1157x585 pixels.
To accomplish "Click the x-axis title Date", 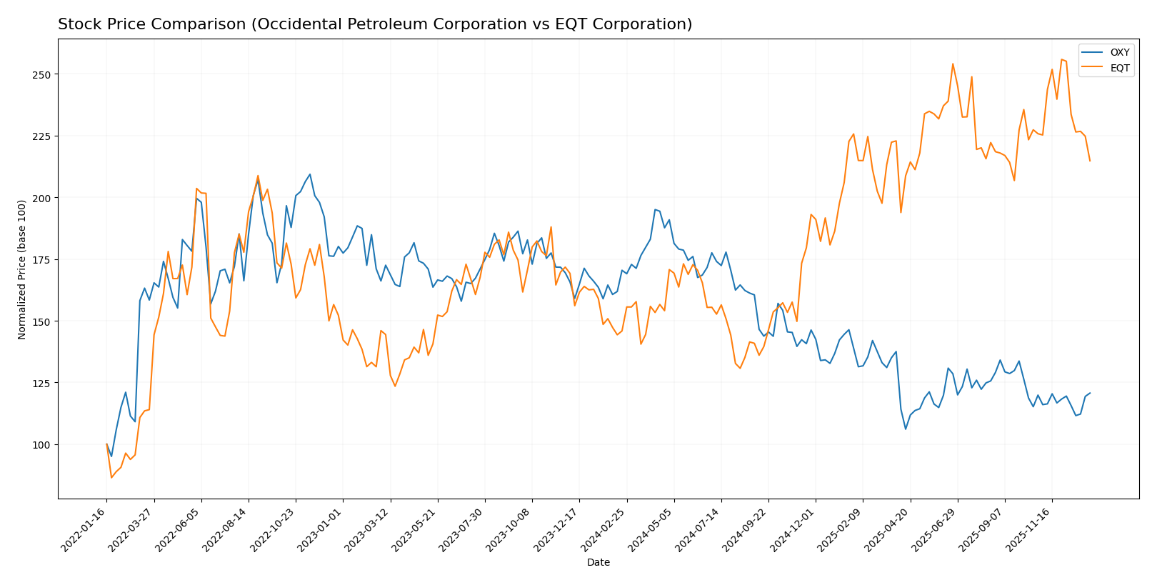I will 598,563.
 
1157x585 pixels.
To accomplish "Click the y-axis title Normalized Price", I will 22,269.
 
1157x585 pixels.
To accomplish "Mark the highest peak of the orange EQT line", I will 1061,59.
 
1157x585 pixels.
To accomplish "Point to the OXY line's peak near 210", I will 309,174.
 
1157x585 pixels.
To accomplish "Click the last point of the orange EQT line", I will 1090,161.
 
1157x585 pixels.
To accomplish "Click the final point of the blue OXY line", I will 1090,393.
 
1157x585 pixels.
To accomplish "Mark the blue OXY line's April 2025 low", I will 906,429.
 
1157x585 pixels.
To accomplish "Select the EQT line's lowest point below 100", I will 111,477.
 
